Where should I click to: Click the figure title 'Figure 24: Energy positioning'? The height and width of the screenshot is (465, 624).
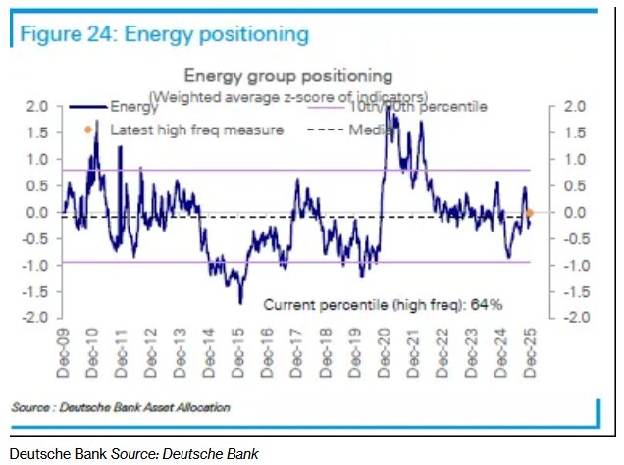pyautogui.click(x=165, y=35)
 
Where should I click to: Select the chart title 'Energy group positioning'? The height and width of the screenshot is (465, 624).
pyautogui.click(x=288, y=76)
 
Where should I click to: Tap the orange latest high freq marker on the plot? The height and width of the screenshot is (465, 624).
pyautogui.click(x=530, y=213)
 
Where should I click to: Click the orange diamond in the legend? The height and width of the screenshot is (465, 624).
pyautogui.click(x=88, y=129)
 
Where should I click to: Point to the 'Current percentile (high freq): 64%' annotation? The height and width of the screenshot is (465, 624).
pyautogui.click(x=383, y=305)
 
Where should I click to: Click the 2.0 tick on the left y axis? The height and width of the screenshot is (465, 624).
pyautogui.click(x=38, y=106)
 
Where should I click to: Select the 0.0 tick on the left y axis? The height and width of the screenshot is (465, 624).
pyautogui.click(x=38, y=212)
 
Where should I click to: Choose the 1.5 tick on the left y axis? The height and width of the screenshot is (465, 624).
pyautogui.click(x=38, y=132)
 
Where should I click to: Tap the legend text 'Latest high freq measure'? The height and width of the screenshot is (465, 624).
pyautogui.click(x=196, y=129)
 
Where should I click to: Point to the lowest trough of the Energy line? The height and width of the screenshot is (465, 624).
pyautogui.click(x=240, y=303)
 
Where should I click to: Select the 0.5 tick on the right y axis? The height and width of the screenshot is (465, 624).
pyautogui.click(x=575, y=185)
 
